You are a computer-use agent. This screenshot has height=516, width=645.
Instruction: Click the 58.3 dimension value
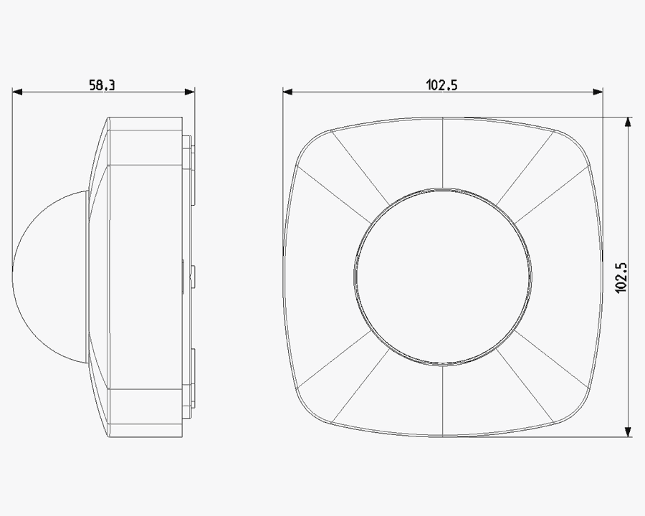tap(102, 85)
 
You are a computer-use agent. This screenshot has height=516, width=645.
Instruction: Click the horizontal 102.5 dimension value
tap(441, 85)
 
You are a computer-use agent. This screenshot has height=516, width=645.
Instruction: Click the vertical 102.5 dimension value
tap(621, 278)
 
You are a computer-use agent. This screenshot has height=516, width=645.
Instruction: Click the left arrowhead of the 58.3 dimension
tap(17, 92)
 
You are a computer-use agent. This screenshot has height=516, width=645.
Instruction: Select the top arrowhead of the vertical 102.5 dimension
tap(628, 123)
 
